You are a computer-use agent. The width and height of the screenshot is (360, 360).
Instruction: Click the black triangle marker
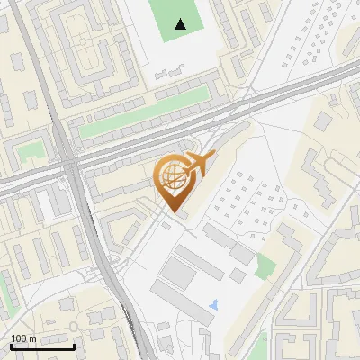(x=182, y=24)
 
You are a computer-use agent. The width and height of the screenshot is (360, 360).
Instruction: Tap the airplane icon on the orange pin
(x=197, y=165)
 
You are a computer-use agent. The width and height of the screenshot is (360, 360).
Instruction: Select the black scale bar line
(x=41, y=346)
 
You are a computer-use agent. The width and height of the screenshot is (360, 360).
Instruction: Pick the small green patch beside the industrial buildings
(x=265, y=265)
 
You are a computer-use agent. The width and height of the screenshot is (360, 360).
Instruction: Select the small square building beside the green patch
(x=238, y=275)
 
